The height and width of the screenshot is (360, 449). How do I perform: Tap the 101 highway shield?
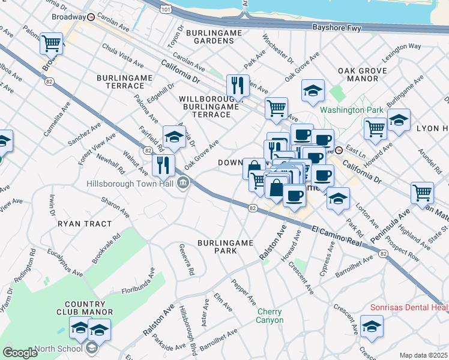point(165,10)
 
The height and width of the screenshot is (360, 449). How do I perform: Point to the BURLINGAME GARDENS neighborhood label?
point(209,37)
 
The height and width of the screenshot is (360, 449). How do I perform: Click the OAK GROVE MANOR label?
point(362,74)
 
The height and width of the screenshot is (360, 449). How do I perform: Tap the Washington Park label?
point(351,110)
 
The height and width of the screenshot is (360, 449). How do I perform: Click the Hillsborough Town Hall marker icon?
point(184,184)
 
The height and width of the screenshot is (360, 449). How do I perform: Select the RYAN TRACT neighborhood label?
point(85,224)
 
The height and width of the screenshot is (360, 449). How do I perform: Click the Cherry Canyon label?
point(270,316)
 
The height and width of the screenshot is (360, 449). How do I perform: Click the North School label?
point(58,349)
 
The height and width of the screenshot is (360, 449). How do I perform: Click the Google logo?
point(20,353)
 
